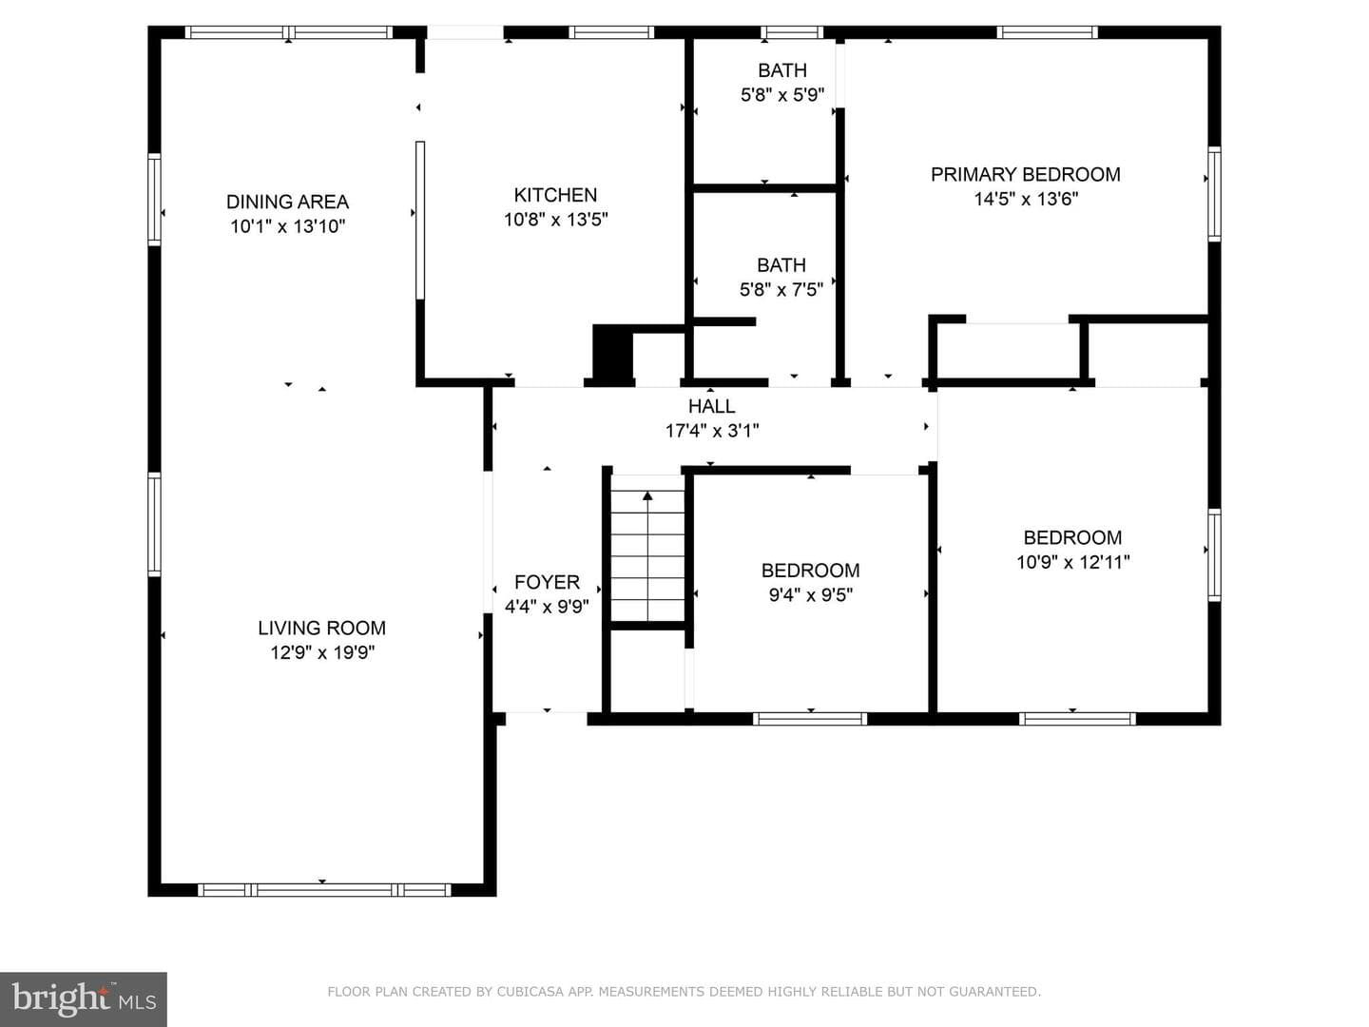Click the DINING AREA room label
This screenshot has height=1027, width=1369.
[287, 202]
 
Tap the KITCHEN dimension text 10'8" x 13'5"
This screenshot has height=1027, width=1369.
[556, 220]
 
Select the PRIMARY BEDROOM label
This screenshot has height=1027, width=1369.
[1026, 175]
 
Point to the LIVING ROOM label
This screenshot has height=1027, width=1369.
[322, 628]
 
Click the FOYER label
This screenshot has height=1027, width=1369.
[547, 582]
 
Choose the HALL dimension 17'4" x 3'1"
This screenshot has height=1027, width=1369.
[712, 431]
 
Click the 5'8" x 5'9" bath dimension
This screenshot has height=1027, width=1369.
[782, 95]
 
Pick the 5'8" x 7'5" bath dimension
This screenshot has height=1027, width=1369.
[781, 290]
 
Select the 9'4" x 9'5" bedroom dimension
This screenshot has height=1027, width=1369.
[810, 595]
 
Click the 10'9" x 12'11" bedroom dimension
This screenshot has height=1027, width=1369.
[1072, 562]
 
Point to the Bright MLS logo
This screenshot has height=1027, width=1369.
[84, 999]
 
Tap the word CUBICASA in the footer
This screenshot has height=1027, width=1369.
[530, 992]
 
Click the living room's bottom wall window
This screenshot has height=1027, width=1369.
[324, 890]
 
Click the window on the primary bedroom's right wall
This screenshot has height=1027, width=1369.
[1214, 194]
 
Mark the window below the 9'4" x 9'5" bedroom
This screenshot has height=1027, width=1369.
[810, 719]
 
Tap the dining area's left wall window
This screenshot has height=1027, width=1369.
[154, 199]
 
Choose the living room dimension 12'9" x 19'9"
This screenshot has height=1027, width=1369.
[322, 653]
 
